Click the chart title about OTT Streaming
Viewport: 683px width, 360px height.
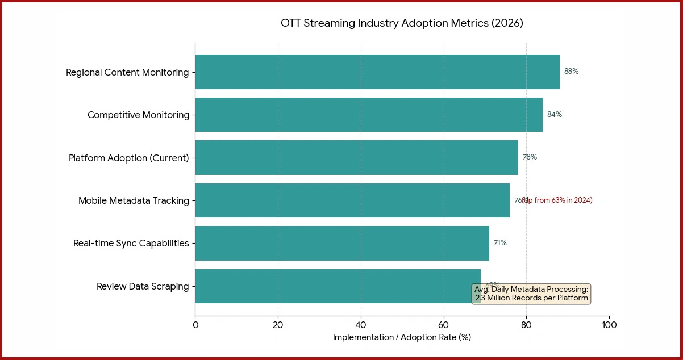(402, 23)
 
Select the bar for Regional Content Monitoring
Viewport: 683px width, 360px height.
(377, 72)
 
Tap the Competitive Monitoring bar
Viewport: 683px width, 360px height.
(368, 115)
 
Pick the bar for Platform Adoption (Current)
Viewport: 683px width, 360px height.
(356, 157)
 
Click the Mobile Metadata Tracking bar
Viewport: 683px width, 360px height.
(352, 200)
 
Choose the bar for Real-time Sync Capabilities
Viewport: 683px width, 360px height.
(342, 243)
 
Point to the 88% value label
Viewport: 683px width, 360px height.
(571, 72)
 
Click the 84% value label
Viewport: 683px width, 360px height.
(554, 115)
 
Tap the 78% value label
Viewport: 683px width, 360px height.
(530, 157)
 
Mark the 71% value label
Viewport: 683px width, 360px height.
(499, 243)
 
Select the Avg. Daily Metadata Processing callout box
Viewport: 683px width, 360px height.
(531, 294)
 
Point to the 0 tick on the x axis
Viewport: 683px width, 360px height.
(195, 325)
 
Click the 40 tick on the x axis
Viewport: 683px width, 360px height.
(361, 325)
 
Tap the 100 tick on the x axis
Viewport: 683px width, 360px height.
(609, 325)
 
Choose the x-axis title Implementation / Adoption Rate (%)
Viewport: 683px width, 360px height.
(402, 337)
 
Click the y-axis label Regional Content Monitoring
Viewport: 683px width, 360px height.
(127, 72)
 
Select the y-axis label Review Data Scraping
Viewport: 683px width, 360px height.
(143, 286)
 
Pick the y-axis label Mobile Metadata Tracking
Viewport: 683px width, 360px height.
(134, 200)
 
